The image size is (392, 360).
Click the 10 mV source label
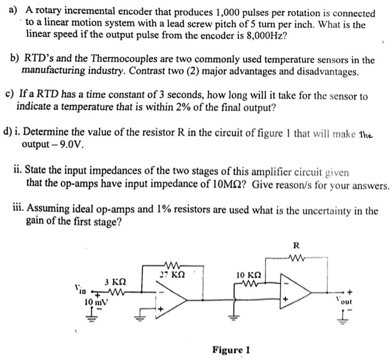click(94, 301)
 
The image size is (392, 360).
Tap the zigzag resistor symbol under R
click(296, 259)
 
